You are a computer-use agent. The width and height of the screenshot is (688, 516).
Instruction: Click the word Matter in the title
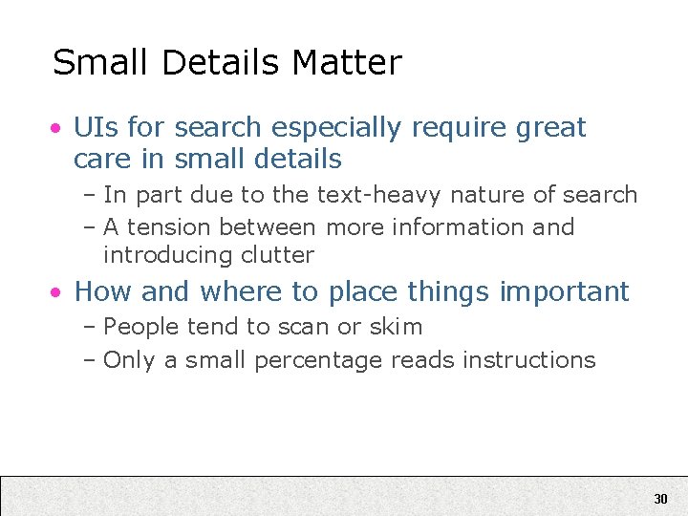tap(347, 63)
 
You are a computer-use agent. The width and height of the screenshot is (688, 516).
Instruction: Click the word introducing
tap(159, 255)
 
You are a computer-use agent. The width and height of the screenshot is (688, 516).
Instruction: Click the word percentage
tap(322, 360)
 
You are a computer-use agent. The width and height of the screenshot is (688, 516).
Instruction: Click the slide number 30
tap(660, 499)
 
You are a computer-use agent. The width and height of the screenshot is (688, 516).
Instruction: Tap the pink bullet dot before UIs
tap(58, 128)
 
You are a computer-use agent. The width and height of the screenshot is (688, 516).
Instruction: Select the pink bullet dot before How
tap(58, 291)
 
